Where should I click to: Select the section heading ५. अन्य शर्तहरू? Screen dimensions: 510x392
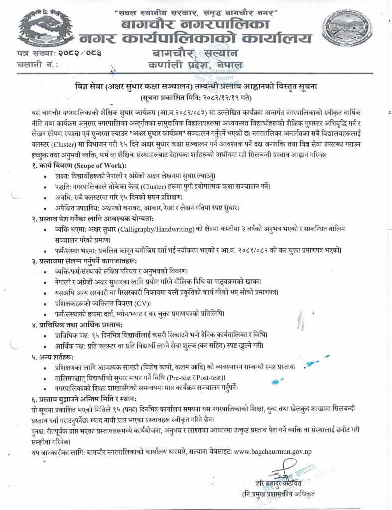click(50, 356)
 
